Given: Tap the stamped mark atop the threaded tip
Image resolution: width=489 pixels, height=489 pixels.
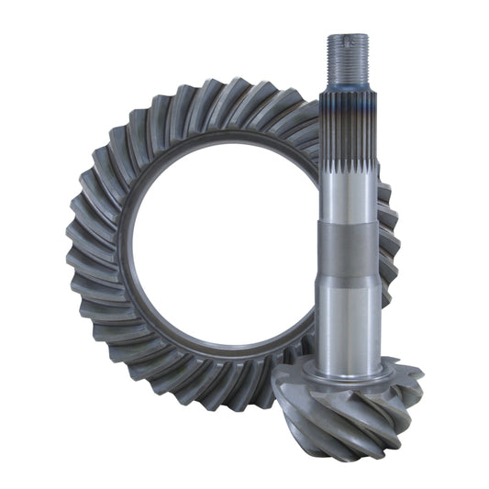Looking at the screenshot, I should coord(347,39).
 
